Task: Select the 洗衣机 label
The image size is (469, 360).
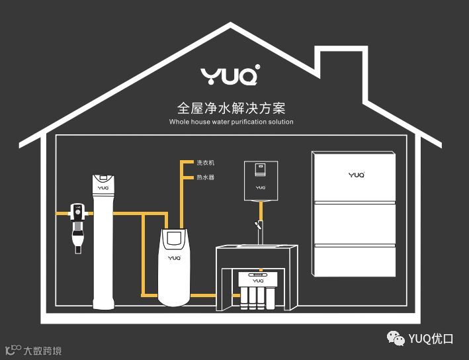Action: point(206,163)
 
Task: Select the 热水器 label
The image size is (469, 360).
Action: point(206,177)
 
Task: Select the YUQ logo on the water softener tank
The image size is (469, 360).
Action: point(174,257)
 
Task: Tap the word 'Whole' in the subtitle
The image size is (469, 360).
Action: point(179,122)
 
